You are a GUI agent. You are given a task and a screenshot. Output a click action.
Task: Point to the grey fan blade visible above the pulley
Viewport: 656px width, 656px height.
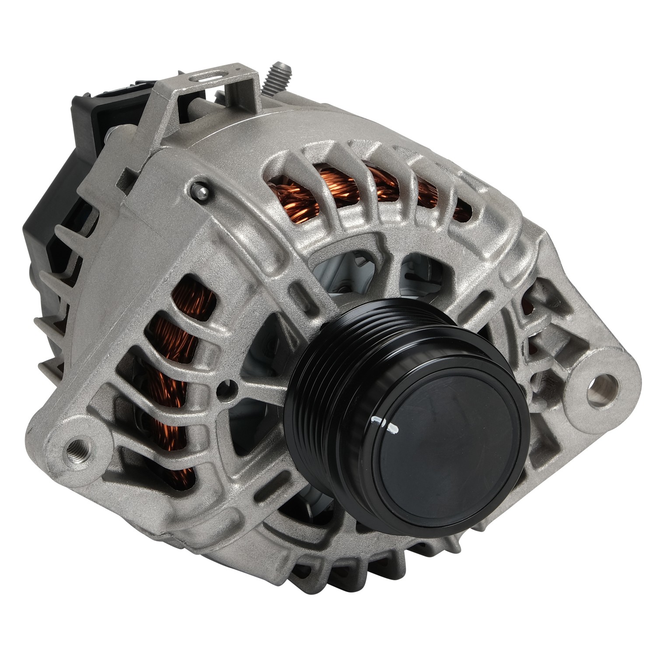tap(350, 271)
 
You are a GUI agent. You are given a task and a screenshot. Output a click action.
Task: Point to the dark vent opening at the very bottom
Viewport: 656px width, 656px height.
tap(332, 569)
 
